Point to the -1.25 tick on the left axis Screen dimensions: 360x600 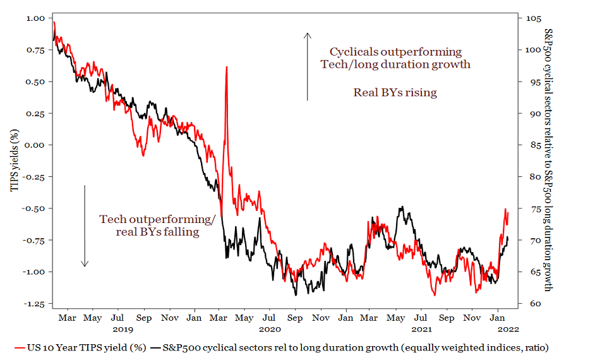[36, 303]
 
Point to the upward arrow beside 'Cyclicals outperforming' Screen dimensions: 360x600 [308, 66]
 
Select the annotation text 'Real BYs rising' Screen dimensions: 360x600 [395, 92]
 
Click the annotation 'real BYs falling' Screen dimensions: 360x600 [157, 232]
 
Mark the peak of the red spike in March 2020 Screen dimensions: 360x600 [226, 66]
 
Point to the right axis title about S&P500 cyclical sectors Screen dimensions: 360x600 [548, 160]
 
